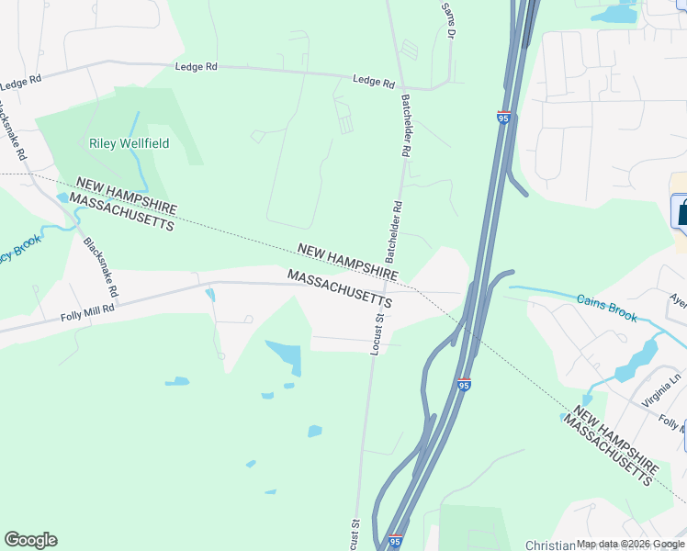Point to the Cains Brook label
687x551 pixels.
pos(606,308)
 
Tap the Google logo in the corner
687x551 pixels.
pos(30,540)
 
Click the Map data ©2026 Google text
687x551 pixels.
pos(630,545)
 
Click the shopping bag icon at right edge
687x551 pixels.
pos(681,212)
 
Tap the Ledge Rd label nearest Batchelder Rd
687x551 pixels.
pos(374,82)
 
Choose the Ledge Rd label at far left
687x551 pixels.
pos(21,82)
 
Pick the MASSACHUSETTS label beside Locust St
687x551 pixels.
pos(339,288)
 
